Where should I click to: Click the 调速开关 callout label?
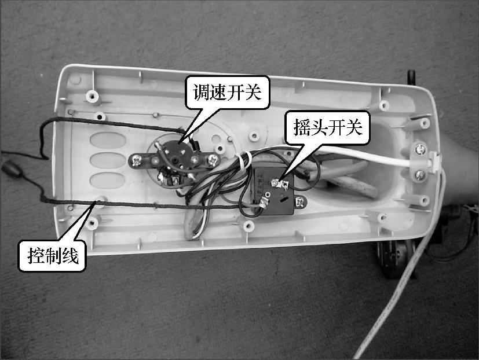click(x=227, y=92)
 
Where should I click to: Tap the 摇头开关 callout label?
click(x=327, y=127)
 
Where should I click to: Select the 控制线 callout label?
click(x=53, y=256)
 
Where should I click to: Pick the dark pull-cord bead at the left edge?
click(x=12, y=168)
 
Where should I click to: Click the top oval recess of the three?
click(x=108, y=141)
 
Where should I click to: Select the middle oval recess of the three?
click(x=108, y=160)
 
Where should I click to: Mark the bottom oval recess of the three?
click(x=108, y=181)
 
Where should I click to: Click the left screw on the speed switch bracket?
click(x=136, y=160)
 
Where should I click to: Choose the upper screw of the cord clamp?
click(x=421, y=149)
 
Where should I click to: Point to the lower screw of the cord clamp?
click(x=421, y=175)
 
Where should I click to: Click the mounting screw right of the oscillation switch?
click(x=299, y=201)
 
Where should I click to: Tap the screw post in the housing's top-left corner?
click(x=92, y=96)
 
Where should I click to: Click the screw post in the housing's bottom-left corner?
click(x=92, y=223)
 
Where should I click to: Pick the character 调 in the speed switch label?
click(x=202, y=92)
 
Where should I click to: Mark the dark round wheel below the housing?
click(x=394, y=259)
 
